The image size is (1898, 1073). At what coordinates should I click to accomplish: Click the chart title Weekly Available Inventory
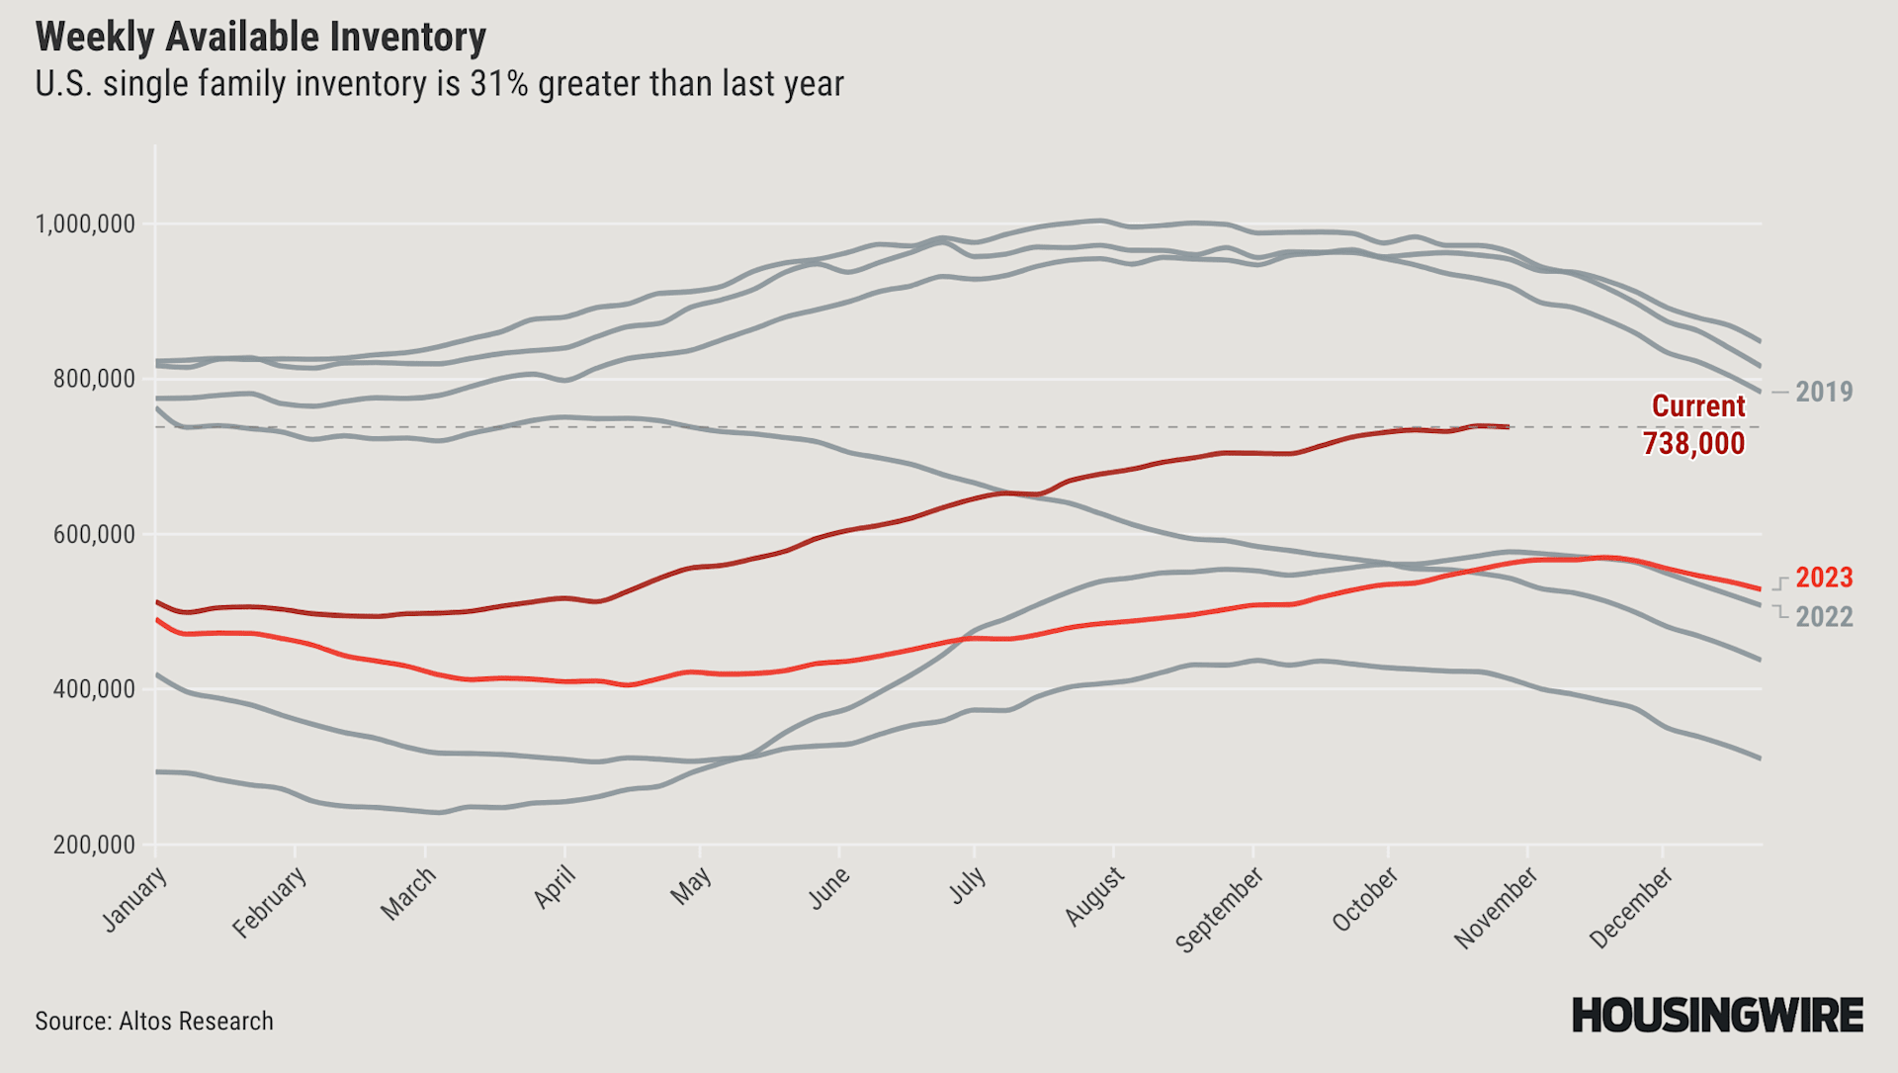click(x=260, y=38)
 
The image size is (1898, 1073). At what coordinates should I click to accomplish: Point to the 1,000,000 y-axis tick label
click(x=85, y=224)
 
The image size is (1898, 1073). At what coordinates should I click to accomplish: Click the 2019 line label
click(x=1824, y=392)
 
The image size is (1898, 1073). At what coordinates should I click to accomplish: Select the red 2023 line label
click(x=1824, y=578)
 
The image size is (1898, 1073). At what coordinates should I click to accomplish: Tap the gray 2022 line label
click(x=1824, y=617)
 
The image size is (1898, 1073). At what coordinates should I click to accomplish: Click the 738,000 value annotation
click(x=1693, y=443)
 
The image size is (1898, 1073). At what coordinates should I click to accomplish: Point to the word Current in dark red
click(x=1698, y=406)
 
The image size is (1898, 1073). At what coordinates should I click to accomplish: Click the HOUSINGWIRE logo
click(x=1717, y=1016)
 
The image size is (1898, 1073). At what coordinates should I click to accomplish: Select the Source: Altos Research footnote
click(x=154, y=1021)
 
